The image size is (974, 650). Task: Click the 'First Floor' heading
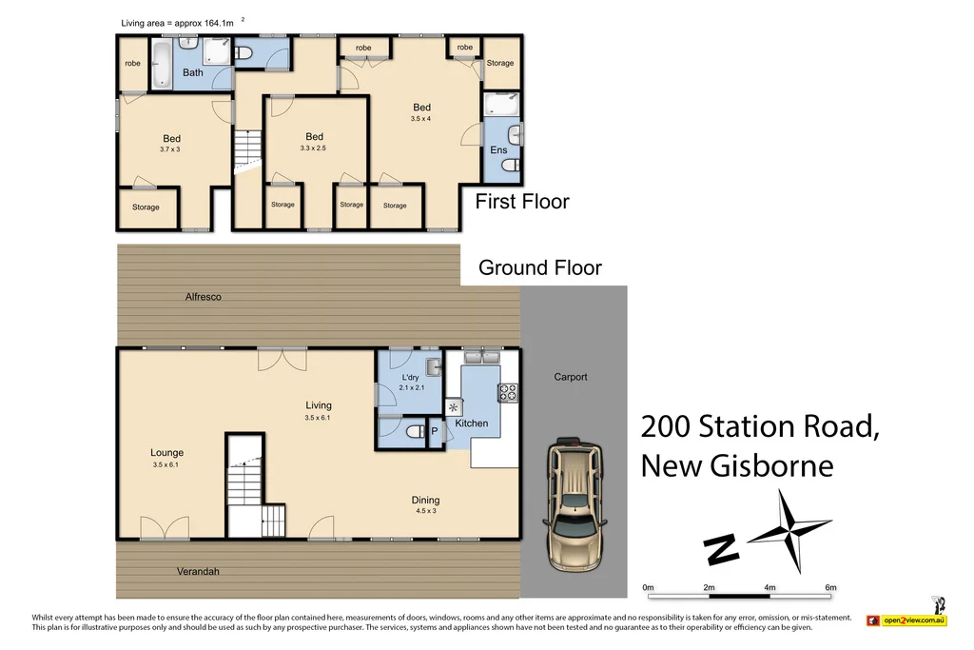click(x=521, y=202)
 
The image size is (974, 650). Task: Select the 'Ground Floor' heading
click(x=539, y=267)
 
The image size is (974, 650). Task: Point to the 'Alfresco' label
click(x=204, y=297)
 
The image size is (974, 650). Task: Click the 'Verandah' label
click(x=198, y=571)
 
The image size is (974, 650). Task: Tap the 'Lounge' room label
click(x=166, y=453)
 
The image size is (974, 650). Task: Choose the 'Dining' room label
click(x=425, y=501)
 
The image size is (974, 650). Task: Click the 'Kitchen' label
click(x=471, y=423)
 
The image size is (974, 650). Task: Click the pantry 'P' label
click(x=435, y=431)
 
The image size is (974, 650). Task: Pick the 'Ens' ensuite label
click(x=498, y=150)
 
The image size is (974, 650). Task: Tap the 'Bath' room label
click(x=193, y=72)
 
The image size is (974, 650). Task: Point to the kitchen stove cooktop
click(x=507, y=390)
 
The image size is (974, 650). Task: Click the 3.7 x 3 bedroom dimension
click(x=171, y=149)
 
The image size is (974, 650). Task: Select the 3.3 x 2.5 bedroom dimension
click(x=314, y=148)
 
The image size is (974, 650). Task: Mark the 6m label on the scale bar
click(x=829, y=587)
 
